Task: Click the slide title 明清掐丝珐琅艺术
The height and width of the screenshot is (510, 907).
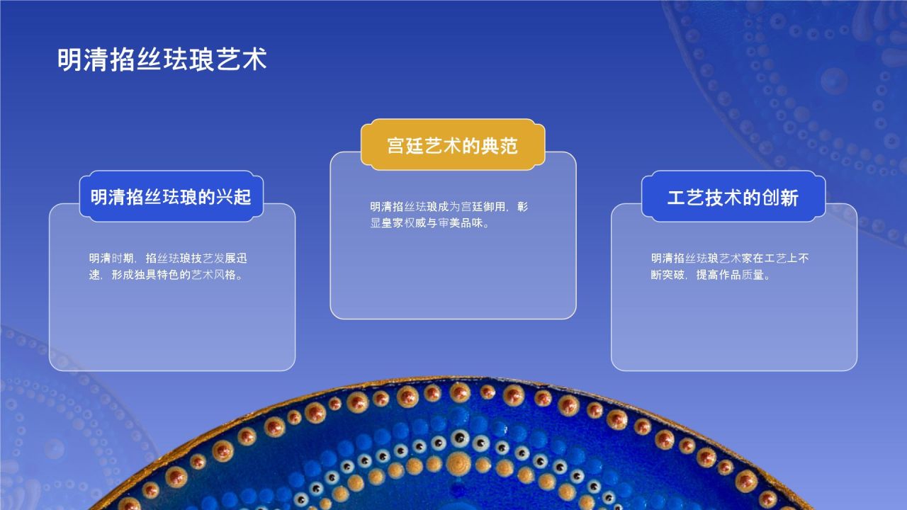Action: tap(162, 59)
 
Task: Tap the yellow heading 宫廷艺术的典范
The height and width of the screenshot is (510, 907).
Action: tap(452, 146)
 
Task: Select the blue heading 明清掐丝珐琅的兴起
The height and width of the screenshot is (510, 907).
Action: tap(171, 197)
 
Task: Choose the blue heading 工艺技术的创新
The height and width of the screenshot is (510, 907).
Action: tap(733, 197)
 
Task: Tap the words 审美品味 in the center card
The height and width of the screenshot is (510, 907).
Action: tap(461, 224)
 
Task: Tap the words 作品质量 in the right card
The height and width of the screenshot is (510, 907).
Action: tap(741, 275)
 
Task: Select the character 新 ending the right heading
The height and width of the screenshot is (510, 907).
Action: tap(789, 197)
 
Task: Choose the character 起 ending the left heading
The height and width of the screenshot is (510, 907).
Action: tap(243, 197)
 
